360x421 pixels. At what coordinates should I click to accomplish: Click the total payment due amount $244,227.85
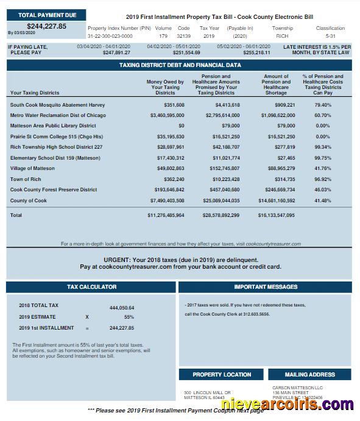click(47, 26)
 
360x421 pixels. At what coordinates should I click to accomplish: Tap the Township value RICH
click(282, 36)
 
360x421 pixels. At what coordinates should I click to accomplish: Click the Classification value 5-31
click(330, 36)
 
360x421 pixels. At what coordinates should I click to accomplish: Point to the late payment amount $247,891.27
click(116, 52)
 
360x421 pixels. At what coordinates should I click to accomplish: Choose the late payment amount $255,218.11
click(256, 52)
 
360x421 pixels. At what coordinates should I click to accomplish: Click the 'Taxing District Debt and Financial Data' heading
click(180, 65)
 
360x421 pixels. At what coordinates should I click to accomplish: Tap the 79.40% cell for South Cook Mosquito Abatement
click(323, 105)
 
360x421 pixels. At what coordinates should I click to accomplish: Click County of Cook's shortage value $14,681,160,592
click(277, 200)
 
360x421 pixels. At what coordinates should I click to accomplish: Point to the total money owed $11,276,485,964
click(166, 215)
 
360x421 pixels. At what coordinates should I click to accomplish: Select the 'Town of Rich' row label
click(26, 179)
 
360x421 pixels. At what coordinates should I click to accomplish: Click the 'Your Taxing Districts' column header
click(35, 93)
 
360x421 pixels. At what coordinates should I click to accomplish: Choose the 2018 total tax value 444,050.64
click(122, 308)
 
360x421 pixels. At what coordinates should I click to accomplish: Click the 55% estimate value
click(129, 317)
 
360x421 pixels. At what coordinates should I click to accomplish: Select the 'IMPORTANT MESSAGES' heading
click(266, 286)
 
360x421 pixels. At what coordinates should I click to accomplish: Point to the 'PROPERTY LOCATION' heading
click(222, 375)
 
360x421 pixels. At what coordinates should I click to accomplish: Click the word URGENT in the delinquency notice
click(118, 260)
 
